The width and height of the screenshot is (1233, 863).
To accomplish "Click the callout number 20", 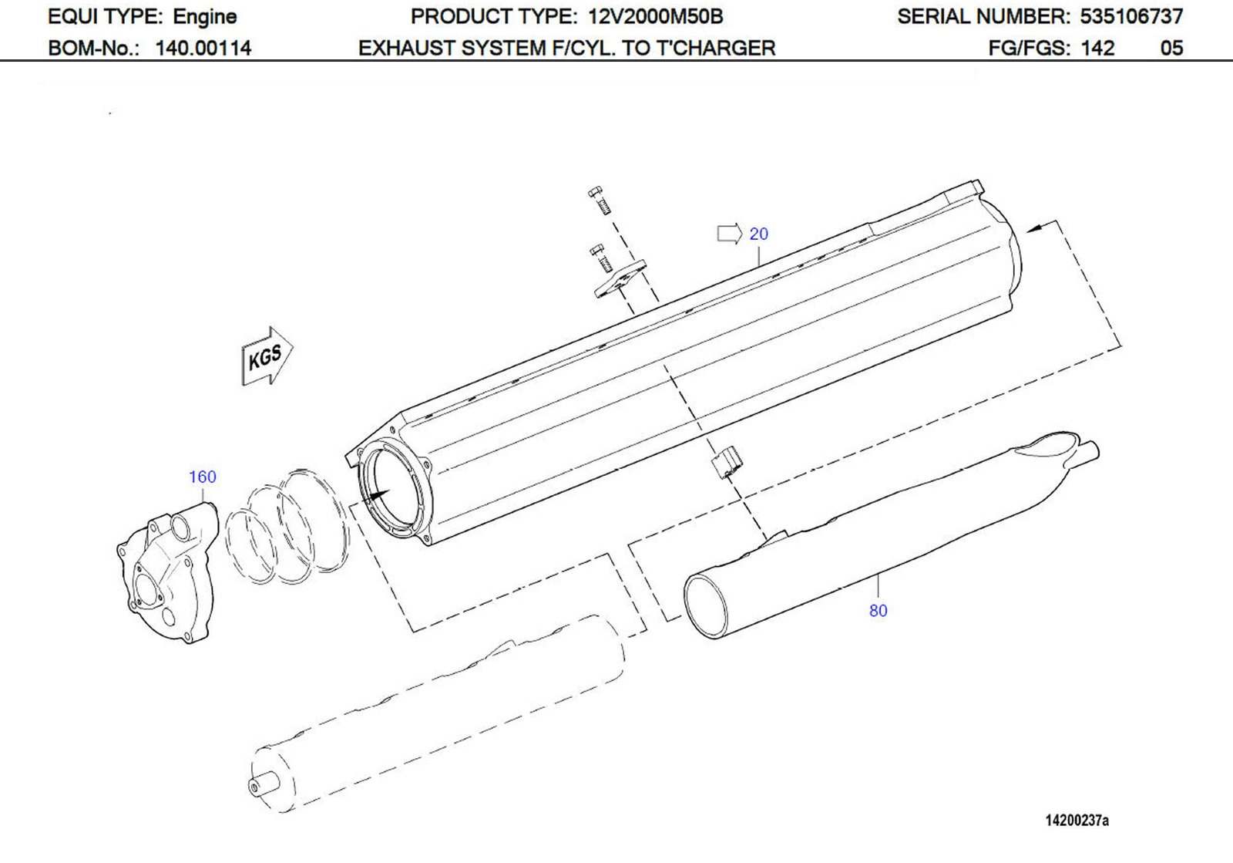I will point(758,234).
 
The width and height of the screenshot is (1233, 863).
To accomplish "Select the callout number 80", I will point(878,611).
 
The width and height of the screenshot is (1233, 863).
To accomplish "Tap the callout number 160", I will point(203,477).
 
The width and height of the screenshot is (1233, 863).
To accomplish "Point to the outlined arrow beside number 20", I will point(729,233).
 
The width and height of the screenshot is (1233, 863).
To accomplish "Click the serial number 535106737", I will point(1131,16).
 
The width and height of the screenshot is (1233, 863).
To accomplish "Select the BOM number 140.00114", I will point(203,48).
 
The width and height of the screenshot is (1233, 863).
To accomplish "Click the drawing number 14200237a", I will point(1077,821).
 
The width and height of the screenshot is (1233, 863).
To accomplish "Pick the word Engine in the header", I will point(204,16).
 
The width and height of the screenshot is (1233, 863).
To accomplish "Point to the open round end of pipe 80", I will point(705,605).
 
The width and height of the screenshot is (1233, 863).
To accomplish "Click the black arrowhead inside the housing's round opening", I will point(379,494).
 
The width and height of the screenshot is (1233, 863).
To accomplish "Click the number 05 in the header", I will point(1171,48).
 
